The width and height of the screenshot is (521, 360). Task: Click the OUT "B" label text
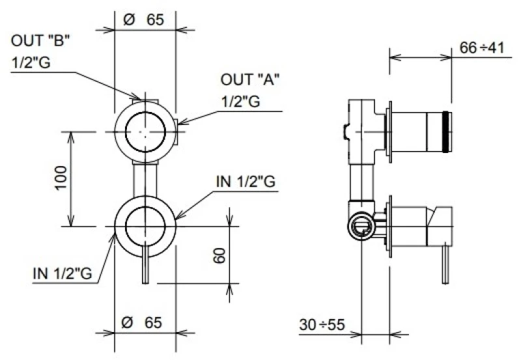40,41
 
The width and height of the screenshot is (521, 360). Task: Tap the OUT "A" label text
250,79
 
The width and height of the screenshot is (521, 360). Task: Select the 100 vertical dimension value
61,178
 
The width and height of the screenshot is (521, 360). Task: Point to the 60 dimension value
219,255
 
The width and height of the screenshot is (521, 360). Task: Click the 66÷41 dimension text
482,48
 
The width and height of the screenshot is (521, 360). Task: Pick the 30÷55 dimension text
322,324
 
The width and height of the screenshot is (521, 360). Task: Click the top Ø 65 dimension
143,20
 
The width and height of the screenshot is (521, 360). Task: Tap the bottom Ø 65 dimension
142,322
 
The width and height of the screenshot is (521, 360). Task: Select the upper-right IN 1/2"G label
246,182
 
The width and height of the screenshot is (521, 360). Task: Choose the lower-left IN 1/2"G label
63,273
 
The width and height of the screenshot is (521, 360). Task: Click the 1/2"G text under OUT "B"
31,62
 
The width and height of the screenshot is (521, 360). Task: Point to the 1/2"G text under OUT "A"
241,102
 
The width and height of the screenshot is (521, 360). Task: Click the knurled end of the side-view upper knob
447,132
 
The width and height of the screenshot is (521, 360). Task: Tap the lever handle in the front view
145,265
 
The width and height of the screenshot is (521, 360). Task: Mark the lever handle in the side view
445,265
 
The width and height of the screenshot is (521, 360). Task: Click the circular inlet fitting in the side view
361,227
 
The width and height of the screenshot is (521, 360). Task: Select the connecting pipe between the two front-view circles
145,180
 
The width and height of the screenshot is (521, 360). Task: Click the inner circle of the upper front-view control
145,132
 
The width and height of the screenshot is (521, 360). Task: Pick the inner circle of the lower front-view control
145,227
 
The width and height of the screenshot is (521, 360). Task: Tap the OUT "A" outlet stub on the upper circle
176,132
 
